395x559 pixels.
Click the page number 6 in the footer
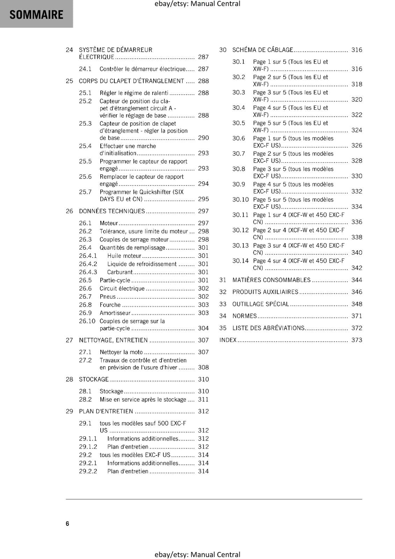pyautogui.click(x=67, y=523)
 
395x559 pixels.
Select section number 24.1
pyautogui.click(x=85, y=69)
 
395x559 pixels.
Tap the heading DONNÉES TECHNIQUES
pyautogui.click(x=112, y=211)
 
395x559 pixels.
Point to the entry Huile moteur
pyautogui.click(x=124, y=256)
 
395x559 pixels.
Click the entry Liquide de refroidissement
pyautogui.click(x=142, y=264)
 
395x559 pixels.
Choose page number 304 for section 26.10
pyautogui.click(x=203, y=328)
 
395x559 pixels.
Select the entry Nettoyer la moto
pyautogui.click(x=121, y=352)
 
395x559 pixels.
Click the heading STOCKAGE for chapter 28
pyautogui.click(x=94, y=379)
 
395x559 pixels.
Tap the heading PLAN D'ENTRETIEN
pyautogui.click(x=106, y=411)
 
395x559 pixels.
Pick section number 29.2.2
pyautogui.click(x=88, y=471)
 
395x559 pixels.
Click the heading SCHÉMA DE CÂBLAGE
pyautogui.click(x=263, y=50)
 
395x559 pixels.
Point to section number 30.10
pyautogui.click(x=240, y=199)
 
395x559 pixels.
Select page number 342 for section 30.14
pyautogui.click(x=357, y=268)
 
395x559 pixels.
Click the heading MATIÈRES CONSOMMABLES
pyautogui.click(x=271, y=280)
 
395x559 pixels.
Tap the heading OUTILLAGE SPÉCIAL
pyautogui.click(x=261, y=304)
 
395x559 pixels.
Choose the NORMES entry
pyautogui.click(x=244, y=316)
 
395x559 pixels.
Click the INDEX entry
pyautogui.click(x=228, y=340)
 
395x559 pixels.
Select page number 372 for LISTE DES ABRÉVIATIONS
pyautogui.click(x=357, y=328)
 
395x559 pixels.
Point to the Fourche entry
pyautogui.click(x=110, y=305)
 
